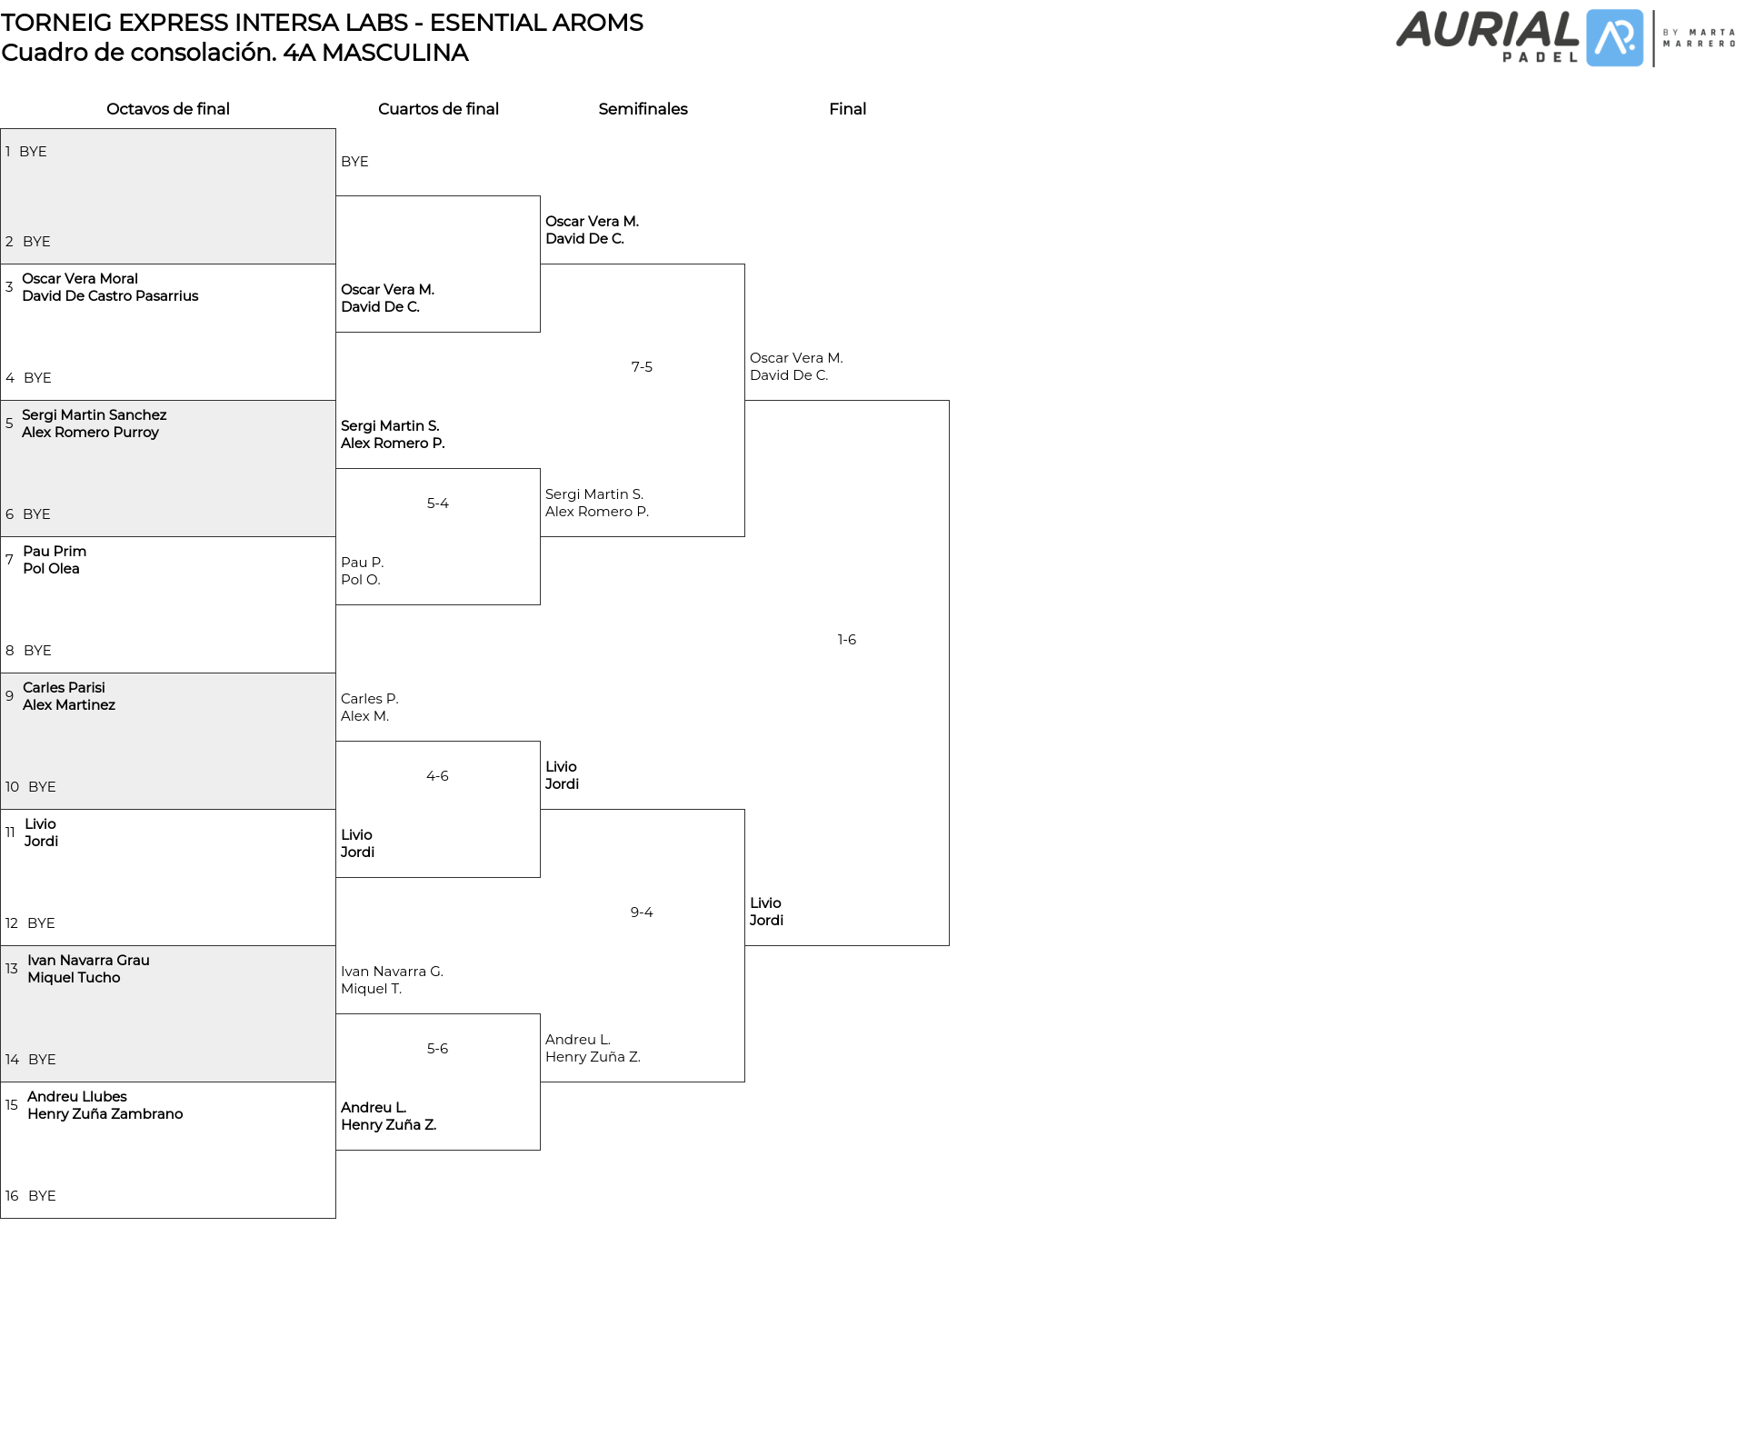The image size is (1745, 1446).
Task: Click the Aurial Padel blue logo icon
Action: coord(1614,38)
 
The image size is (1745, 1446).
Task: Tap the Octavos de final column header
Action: coord(168,109)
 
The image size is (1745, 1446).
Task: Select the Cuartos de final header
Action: coord(438,109)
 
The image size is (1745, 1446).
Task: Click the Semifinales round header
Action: coord(643,109)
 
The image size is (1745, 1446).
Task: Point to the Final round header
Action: coord(847,109)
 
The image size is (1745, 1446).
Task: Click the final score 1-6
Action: coord(846,640)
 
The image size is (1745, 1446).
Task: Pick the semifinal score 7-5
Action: coord(642,367)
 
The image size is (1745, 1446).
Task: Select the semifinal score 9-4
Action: coord(642,912)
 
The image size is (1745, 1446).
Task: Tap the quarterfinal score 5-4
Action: coord(437,504)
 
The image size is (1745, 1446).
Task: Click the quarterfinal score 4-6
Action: coord(437,776)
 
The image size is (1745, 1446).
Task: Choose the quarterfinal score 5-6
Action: coord(437,1049)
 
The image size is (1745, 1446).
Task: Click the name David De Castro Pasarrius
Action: coord(110,296)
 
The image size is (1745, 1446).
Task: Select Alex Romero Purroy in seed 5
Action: coord(90,433)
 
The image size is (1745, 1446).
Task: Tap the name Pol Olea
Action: coord(51,569)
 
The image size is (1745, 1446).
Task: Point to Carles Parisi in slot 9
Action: coord(64,688)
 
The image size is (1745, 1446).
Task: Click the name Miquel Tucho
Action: coord(74,978)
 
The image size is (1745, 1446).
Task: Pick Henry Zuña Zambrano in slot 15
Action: coord(105,1114)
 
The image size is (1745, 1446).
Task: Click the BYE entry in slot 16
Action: coord(42,1196)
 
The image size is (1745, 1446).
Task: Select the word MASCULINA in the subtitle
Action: coord(394,53)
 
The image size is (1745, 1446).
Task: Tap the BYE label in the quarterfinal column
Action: coord(354,162)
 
